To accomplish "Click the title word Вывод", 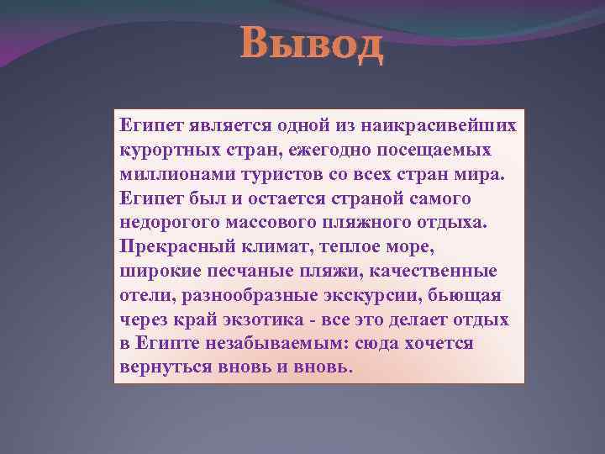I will (312, 44).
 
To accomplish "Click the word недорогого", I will (168, 222).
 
